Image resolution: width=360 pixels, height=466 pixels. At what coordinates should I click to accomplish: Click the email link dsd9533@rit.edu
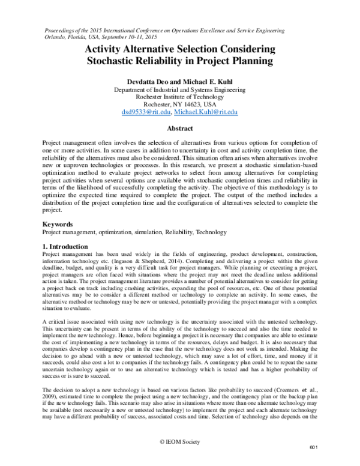click(x=146, y=112)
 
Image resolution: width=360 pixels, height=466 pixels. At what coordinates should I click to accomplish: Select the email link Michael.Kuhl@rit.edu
click(x=206, y=112)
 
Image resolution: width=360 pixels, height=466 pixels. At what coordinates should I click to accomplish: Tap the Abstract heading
click(x=179, y=129)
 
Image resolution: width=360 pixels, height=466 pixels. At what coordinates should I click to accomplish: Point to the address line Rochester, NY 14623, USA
click(x=179, y=104)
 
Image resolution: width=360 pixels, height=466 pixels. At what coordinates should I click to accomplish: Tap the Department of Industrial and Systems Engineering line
click(x=179, y=88)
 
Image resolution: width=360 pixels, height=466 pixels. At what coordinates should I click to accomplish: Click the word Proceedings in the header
click(x=62, y=28)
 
